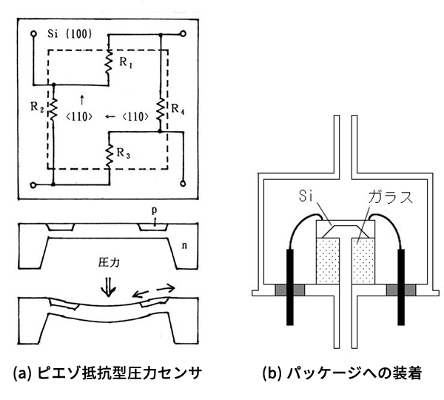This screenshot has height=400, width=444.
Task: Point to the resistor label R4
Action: point(175,111)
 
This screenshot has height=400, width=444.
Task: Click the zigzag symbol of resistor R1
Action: point(108,63)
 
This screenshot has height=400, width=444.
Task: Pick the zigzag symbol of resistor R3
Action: point(109,153)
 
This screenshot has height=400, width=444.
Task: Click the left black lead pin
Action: point(288,284)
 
